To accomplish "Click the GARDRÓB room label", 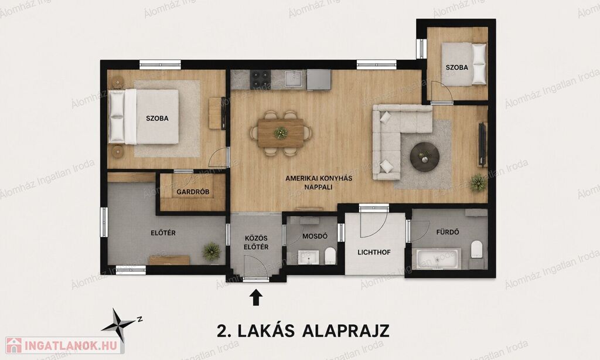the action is (193, 192).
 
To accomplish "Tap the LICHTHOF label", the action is (374, 252).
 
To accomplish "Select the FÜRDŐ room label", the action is (447, 232).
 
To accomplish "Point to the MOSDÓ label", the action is (315, 236).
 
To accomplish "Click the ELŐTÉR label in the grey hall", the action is (163, 233).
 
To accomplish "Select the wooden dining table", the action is (281, 133).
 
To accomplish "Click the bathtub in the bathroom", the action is (437, 258).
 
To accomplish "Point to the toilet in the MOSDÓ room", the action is (330, 256).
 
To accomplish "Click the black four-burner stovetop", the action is (261, 80).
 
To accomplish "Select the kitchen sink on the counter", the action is (295, 79).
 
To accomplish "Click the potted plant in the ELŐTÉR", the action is (211, 251).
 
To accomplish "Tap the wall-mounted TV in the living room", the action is (483, 144).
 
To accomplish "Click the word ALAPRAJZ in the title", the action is (346, 331).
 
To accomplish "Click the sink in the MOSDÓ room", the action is (309, 257).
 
